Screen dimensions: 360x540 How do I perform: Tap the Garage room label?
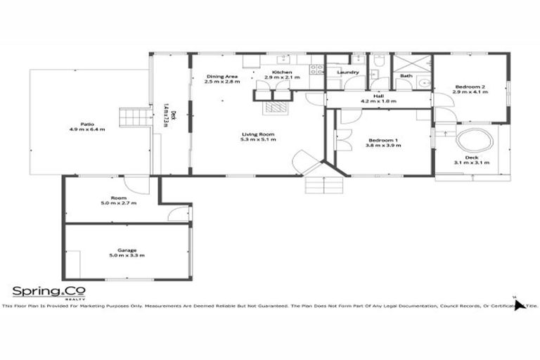click(127, 250)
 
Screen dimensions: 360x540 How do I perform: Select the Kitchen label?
click(282, 72)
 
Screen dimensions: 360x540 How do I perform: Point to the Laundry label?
click(348, 72)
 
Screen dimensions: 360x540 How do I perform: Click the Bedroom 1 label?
click(383, 141)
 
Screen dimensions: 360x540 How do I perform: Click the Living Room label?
click(258, 134)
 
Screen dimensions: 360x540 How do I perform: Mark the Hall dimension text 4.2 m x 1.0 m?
click(379, 101)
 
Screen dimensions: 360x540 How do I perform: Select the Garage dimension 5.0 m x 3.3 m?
click(127, 255)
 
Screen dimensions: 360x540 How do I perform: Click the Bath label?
click(406, 75)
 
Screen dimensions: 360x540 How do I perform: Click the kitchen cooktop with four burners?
click(316, 70)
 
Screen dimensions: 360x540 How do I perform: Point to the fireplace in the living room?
click(276, 108)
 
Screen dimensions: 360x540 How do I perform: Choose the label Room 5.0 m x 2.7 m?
click(118, 200)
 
